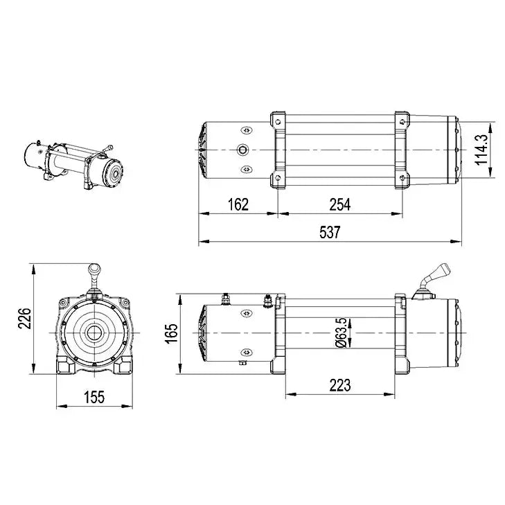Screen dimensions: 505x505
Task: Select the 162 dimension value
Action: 237,204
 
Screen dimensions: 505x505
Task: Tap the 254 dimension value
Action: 339,204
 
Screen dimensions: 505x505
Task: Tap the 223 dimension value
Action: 340,384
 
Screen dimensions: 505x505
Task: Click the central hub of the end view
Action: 93,333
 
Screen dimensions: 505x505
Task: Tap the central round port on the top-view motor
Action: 242,150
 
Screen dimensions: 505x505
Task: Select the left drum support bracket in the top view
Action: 278,150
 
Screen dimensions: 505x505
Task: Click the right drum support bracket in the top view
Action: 402,150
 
